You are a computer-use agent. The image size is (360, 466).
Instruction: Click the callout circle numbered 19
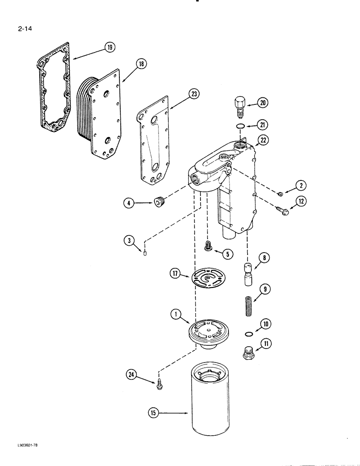(110, 47)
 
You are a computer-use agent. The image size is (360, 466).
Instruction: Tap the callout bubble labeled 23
(194, 95)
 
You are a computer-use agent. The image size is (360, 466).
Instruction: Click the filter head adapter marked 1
(209, 336)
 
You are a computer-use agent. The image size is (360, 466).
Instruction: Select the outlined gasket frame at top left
(53, 89)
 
